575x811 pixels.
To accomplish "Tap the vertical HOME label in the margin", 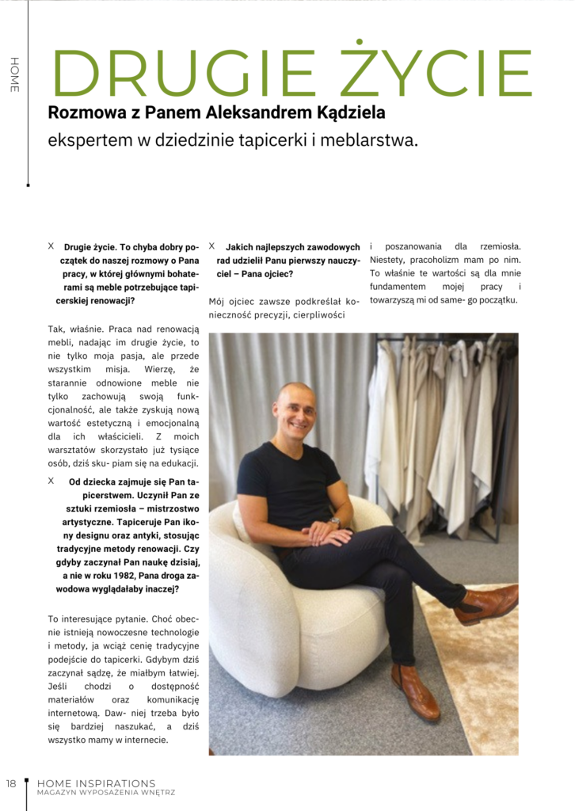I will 13,75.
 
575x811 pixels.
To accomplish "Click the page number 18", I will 11,783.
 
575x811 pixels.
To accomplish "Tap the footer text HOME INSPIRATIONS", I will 97,783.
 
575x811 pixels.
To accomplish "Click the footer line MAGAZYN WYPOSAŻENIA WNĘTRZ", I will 105,793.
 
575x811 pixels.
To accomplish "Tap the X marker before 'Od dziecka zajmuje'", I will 51,481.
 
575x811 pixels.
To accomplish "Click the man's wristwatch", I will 336,523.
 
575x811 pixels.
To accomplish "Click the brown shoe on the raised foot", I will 486,604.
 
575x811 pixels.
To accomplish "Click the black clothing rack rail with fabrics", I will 444,338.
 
